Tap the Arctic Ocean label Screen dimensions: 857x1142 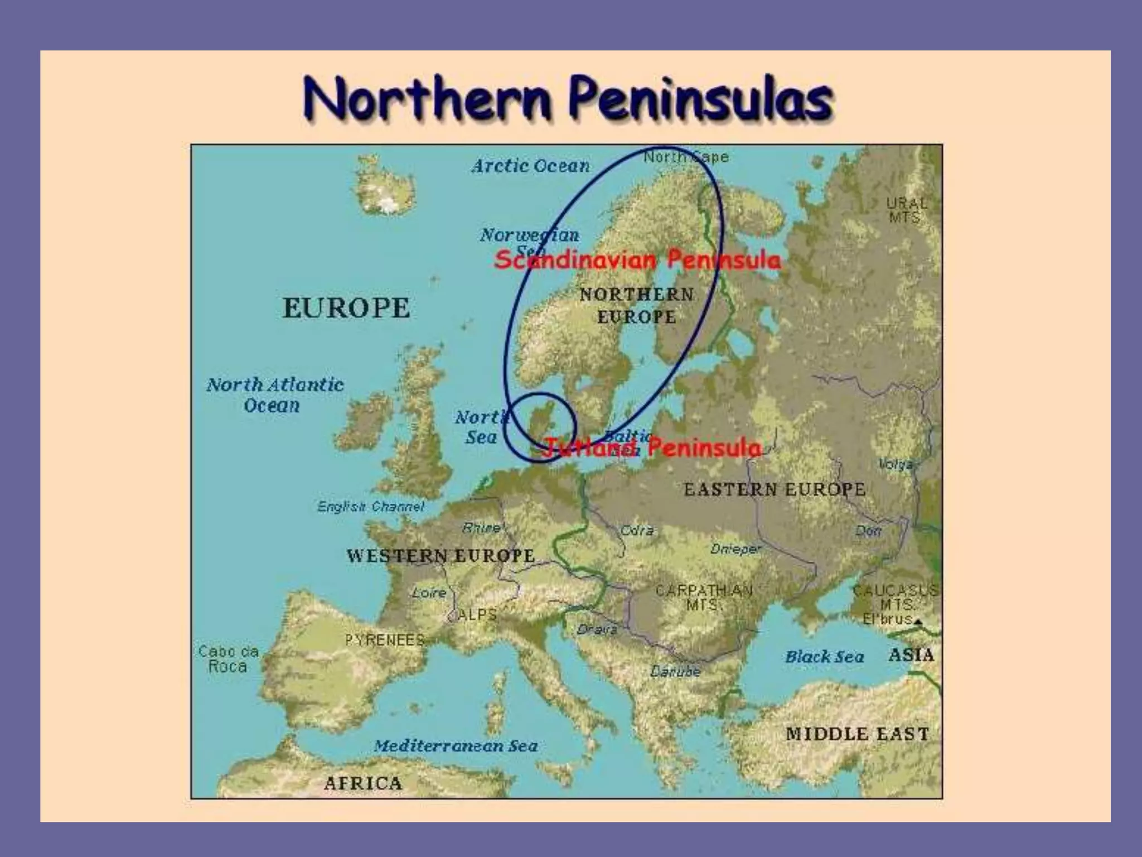pyautogui.click(x=530, y=166)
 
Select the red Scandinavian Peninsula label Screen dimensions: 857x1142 pyautogui.click(x=637, y=260)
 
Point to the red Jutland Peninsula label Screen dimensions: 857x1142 pyautogui.click(x=652, y=447)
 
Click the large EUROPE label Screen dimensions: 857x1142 pyautogui.click(x=346, y=308)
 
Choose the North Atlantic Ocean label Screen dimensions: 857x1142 pyautogui.click(x=275, y=394)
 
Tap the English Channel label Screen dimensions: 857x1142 pyautogui.click(x=371, y=507)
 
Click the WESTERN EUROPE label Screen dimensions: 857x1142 pyautogui.click(x=441, y=556)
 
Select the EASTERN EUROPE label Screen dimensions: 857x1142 pyautogui.click(x=775, y=489)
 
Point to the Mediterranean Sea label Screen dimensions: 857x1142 pyautogui.click(x=456, y=746)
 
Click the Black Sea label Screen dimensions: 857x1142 pyautogui.click(x=824, y=657)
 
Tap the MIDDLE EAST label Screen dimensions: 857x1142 pyautogui.click(x=857, y=734)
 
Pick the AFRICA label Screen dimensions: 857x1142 pyautogui.click(x=363, y=783)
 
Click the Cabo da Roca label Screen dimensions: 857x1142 pyautogui.click(x=228, y=658)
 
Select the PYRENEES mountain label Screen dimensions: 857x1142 pyautogui.click(x=385, y=640)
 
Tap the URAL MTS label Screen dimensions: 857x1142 pyautogui.click(x=907, y=210)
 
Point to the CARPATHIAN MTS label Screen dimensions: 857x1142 pyautogui.click(x=704, y=597)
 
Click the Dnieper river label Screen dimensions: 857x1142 pyautogui.click(x=735, y=550)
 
